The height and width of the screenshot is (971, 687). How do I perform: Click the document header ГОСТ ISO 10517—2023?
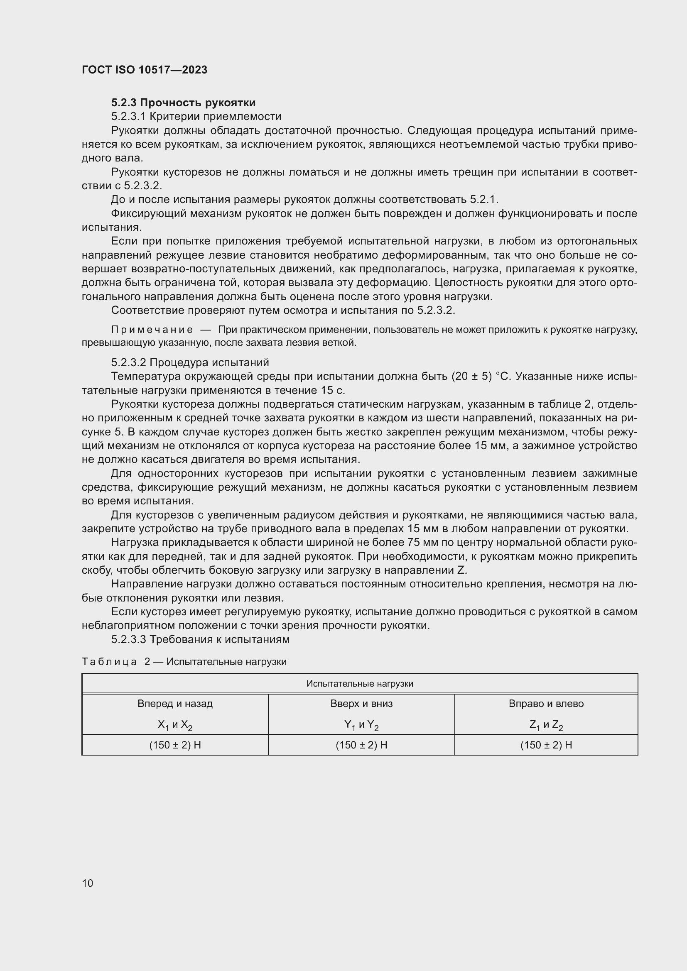144,70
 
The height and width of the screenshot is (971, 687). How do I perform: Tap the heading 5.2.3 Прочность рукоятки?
183,103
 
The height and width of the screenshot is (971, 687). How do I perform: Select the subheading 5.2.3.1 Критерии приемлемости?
196,116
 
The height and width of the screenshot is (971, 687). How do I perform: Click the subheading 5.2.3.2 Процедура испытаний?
190,362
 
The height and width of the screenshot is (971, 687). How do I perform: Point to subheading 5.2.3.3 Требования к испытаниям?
200,639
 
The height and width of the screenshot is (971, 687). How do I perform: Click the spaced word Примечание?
152,330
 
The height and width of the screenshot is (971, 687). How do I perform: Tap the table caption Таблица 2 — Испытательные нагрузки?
184,662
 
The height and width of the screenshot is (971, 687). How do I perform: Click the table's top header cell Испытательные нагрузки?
360,684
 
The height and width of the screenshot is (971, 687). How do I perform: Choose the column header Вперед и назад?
175,704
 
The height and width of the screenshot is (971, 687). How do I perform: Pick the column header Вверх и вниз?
361,704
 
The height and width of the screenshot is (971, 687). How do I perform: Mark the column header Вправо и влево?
546,704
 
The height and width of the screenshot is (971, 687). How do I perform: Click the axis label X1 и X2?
175,725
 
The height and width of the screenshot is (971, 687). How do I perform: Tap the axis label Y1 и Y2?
361,725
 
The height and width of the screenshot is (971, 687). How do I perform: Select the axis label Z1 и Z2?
546,725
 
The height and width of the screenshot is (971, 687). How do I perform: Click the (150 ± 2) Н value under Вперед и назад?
175,745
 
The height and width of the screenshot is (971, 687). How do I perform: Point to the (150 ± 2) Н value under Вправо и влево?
546,745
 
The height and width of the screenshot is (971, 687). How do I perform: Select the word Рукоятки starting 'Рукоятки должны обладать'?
135,131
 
